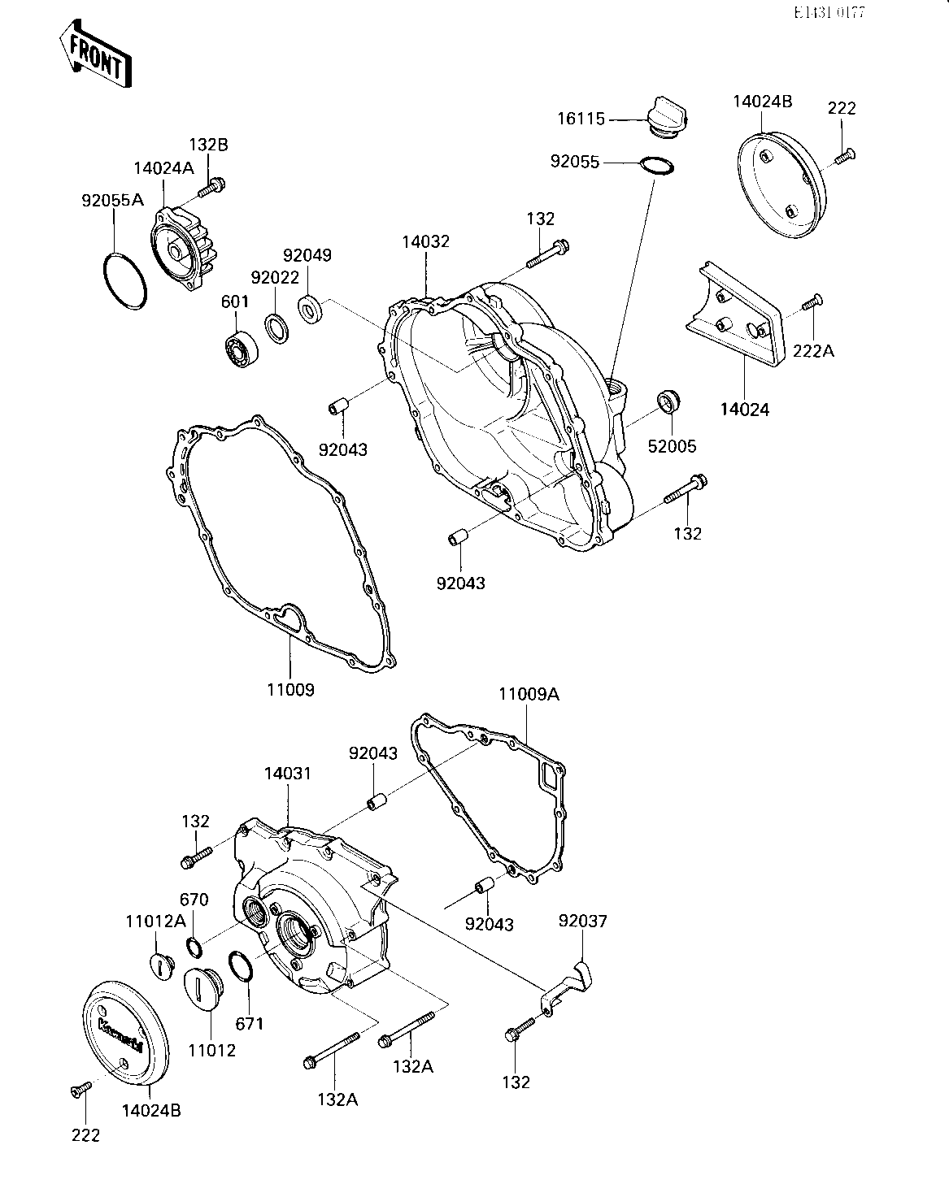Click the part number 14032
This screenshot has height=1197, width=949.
click(425, 242)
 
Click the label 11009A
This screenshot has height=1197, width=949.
click(529, 695)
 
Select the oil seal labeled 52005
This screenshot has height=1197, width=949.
click(669, 401)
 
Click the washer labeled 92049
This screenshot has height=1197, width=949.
click(310, 310)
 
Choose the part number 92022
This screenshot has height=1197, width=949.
click(274, 276)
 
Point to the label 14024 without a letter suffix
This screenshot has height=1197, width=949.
click(744, 409)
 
